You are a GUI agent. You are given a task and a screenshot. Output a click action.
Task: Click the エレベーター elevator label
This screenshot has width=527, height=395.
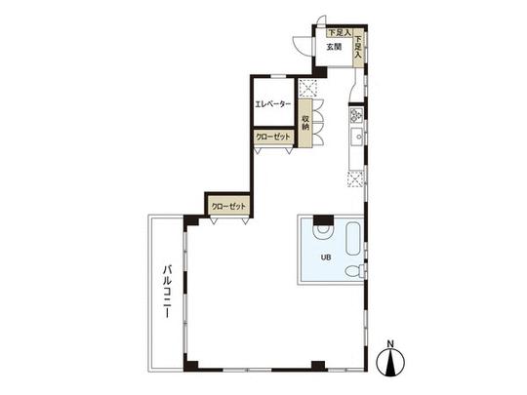pos(272,103)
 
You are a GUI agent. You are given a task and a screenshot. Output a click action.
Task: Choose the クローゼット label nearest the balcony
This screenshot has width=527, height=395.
pos(227,207)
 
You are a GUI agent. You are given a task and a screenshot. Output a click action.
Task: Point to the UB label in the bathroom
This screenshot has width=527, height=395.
pos(326,257)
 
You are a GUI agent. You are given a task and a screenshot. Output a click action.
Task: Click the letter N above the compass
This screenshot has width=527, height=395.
pos(390,342)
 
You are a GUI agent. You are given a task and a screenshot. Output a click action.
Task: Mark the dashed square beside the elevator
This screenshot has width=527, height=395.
pos(307,85)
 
